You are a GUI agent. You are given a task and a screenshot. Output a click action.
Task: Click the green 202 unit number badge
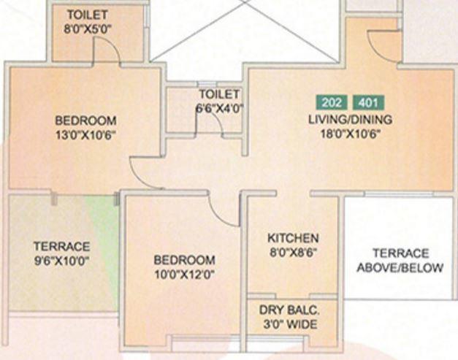tap(332, 102)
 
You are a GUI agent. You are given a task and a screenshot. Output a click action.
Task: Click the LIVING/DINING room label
tap(350, 120)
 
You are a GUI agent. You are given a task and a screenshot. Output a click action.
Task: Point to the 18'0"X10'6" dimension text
tap(350, 134)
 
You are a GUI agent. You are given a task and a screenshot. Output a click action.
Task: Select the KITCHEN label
tap(293, 239)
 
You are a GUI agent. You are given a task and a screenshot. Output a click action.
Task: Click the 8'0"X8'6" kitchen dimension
tap(293, 253)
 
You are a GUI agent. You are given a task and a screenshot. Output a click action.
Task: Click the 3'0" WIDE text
tap(291, 324)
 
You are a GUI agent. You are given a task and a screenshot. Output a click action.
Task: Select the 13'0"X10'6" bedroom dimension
tap(85, 134)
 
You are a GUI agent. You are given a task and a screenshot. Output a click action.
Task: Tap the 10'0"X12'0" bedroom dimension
tap(184, 274)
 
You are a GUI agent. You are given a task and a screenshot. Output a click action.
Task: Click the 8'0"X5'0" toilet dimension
tap(86, 30)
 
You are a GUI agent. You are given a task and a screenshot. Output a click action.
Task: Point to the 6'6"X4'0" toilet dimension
tap(219, 108)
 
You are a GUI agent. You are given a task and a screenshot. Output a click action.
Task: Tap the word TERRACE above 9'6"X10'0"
tap(61, 247)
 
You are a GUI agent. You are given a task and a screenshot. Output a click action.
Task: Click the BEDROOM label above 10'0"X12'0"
tap(184, 260)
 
